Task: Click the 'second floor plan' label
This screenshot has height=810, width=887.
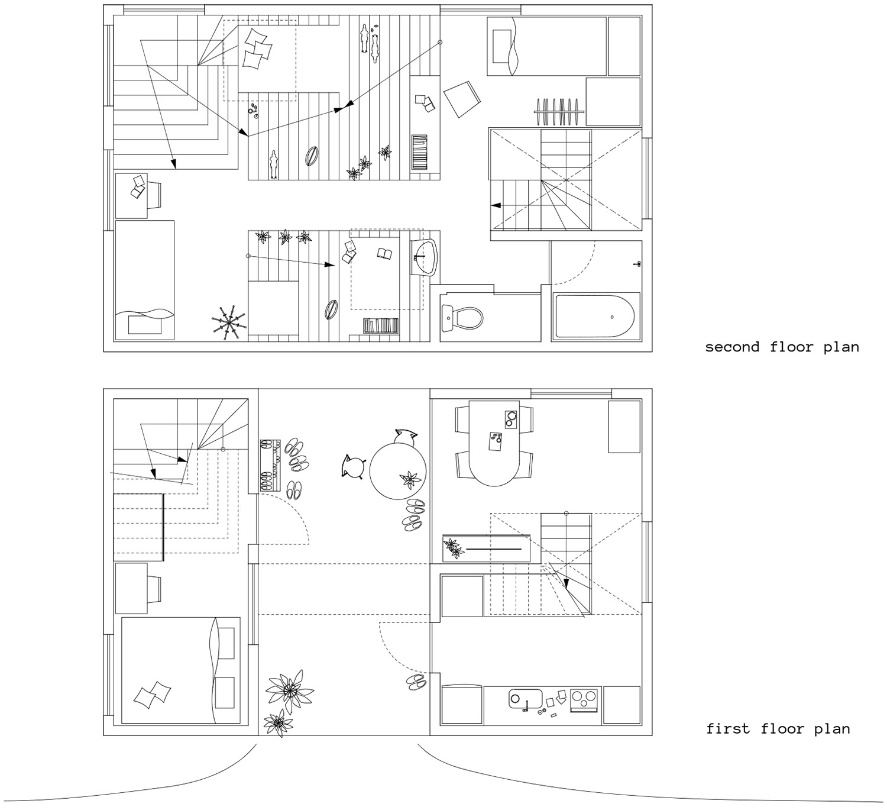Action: (782, 347)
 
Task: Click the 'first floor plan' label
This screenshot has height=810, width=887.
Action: (778, 728)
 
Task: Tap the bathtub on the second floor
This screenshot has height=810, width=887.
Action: (595, 317)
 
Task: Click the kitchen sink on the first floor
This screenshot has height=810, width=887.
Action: (526, 699)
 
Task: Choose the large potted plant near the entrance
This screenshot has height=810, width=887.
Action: (289, 690)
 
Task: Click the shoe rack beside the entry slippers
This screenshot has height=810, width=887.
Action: (270, 465)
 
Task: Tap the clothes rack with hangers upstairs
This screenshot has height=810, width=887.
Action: (557, 111)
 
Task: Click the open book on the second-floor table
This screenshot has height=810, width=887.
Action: (385, 254)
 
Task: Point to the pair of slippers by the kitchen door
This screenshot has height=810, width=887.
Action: (417, 681)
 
